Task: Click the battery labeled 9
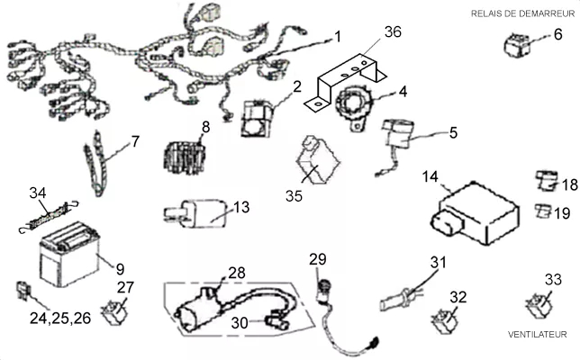tap(69, 254)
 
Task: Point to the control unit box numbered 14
tap(475, 213)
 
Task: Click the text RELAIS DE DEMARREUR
tap(522, 13)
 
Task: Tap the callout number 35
tap(294, 196)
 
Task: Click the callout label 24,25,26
tap(60, 318)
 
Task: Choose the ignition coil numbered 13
tap(195, 213)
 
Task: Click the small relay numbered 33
tap(539, 304)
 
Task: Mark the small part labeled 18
tap(547, 181)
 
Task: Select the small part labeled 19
tap(543, 211)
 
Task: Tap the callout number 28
tap(237, 273)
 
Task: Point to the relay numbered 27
tap(115, 312)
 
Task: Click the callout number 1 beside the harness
tap(338, 37)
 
